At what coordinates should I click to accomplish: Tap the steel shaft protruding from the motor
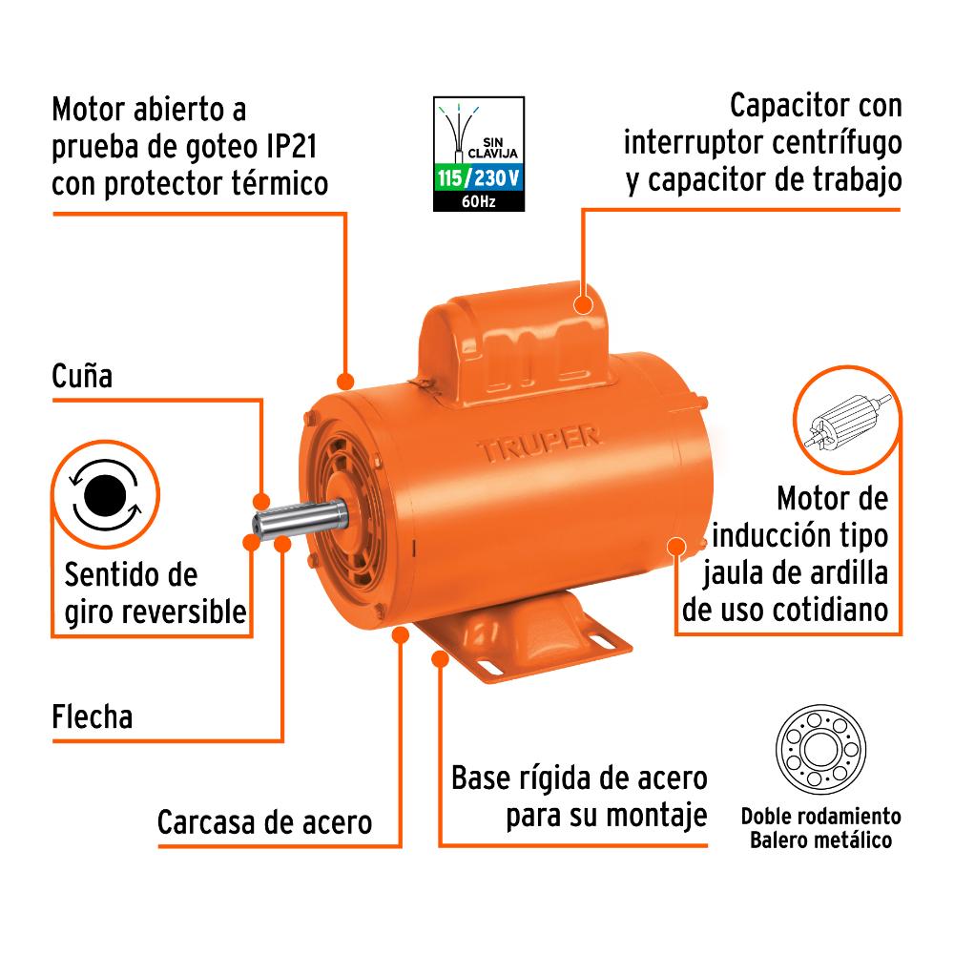coord(300,519)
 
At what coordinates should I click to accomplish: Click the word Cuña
coord(82,375)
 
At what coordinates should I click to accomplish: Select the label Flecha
coord(93,716)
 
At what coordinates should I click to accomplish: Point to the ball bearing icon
coord(820,749)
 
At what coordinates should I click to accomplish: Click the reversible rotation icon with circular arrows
coord(105,495)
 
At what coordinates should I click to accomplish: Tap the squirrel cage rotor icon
coord(846,421)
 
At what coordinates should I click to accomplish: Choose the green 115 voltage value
coord(449,178)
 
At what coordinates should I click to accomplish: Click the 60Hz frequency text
coord(478,201)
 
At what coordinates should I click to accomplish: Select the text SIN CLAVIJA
coord(493,148)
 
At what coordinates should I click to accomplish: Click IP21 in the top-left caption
coord(292,147)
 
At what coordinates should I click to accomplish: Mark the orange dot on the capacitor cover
coord(584,304)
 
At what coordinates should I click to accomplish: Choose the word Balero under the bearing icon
coord(779,840)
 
